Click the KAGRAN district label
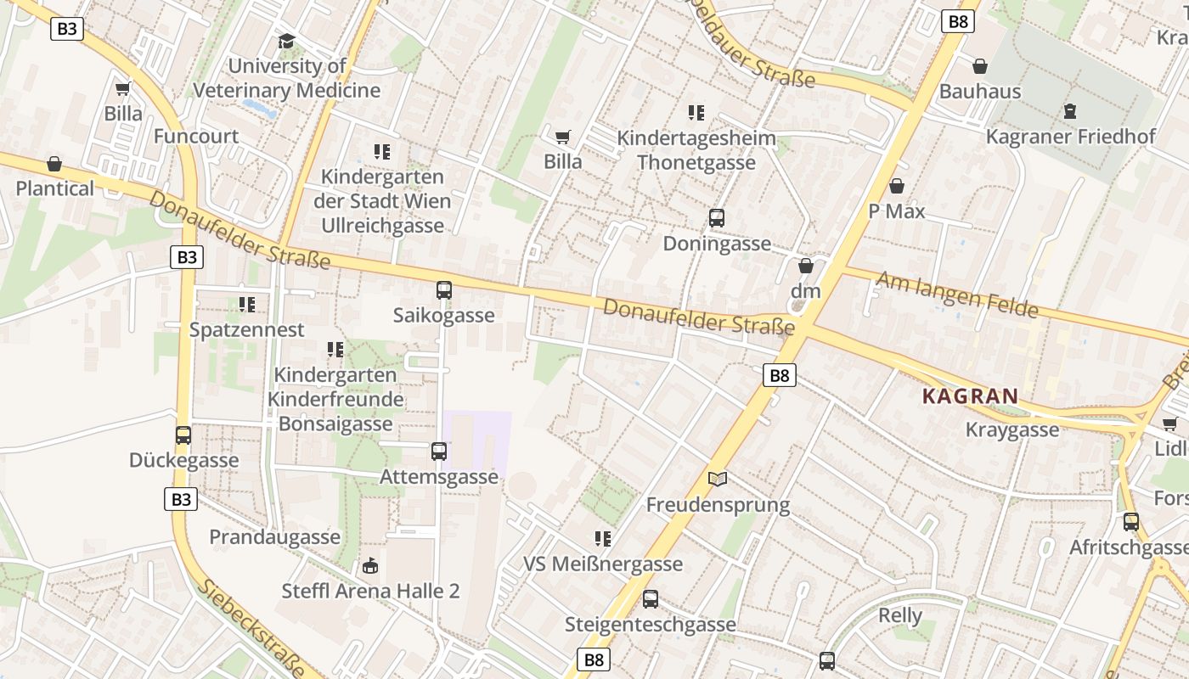(970, 396)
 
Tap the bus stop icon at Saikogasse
(444, 290)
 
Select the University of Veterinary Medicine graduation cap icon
(287, 41)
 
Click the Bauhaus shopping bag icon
(980, 66)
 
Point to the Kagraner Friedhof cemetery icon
(1070, 111)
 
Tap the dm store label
(806, 291)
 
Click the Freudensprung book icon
(718, 480)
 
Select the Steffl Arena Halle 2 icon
(370, 566)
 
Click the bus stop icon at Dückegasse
(183, 435)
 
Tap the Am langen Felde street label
(956, 295)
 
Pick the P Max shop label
(896, 211)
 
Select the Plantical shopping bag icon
(54, 164)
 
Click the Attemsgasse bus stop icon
(439, 452)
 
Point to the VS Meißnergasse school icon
(603, 539)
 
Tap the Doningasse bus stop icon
(717, 218)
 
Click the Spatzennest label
(246, 329)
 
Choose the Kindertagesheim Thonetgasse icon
(696, 113)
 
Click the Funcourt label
(196, 136)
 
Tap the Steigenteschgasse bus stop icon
(651, 599)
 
